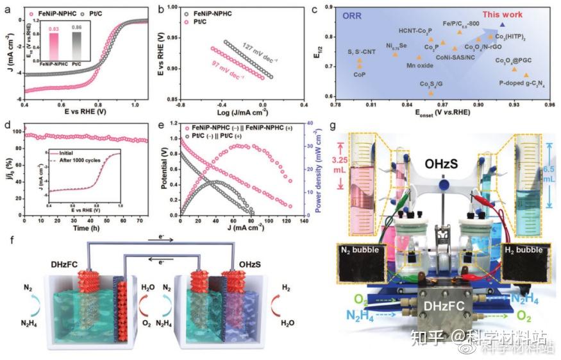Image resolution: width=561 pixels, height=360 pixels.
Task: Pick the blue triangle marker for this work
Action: click(502, 25)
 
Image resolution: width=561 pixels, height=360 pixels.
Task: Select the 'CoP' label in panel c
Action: click(360, 74)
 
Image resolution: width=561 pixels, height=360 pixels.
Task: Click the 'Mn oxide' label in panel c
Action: click(419, 65)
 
